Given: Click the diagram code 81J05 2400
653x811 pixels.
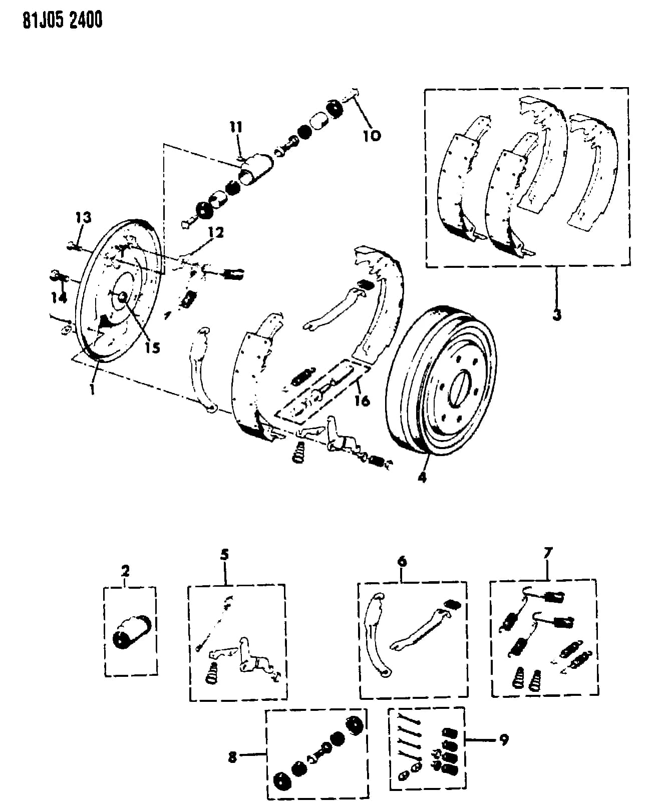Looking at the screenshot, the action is pyautogui.click(x=63, y=21).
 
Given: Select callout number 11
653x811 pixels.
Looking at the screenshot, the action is pyautogui.click(x=236, y=127).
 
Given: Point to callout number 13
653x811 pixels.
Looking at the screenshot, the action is pyautogui.click(x=83, y=217).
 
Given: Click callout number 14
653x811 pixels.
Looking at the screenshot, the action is pyautogui.click(x=59, y=298).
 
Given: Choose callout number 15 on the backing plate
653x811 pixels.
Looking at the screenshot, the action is pyautogui.click(x=152, y=347).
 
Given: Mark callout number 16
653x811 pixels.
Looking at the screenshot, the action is pyautogui.click(x=362, y=400).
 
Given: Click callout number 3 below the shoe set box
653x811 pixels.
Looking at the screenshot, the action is pyautogui.click(x=557, y=314).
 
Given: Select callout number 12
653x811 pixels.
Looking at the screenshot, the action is pyautogui.click(x=216, y=232).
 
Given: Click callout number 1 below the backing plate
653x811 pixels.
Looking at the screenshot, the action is pyautogui.click(x=92, y=389).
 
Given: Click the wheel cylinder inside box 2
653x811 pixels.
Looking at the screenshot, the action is pyautogui.click(x=132, y=632).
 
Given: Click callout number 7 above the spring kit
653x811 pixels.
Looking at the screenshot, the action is pyautogui.click(x=548, y=553).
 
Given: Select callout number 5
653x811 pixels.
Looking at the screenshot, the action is pyautogui.click(x=224, y=554).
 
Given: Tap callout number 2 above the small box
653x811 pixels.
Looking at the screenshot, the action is pyautogui.click(x=125, y=571).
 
